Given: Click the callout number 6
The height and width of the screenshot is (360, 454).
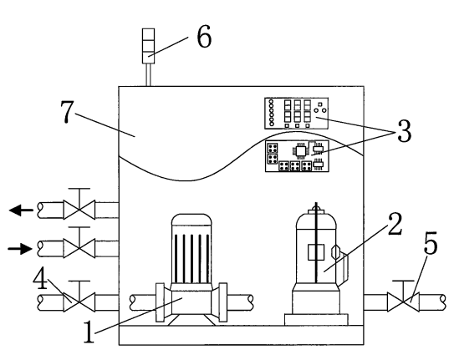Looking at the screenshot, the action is tap(204, 37).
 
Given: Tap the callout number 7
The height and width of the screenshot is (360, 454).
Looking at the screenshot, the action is tap(67, 112).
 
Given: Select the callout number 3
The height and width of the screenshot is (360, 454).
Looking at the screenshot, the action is tap(404, 130).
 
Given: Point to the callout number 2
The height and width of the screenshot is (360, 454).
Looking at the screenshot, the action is tap(395, 224).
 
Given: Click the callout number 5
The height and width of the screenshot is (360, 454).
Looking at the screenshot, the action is tap(431, 243).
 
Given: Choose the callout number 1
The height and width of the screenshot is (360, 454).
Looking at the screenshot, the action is tap(89, 332).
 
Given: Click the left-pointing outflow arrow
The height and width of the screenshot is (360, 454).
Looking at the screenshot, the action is tap(21, 210).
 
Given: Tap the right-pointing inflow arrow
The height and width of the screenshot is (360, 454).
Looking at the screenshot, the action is tap(20, 249).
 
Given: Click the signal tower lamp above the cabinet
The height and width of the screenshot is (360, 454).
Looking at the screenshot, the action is tap(148, 46).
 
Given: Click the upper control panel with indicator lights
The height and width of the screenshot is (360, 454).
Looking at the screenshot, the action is tap(297, 113).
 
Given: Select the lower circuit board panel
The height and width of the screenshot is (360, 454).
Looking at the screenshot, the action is tap(297, 156).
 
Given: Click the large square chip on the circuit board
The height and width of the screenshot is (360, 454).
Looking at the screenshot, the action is tap(300, 150).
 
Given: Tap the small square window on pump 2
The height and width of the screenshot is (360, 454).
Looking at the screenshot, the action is tap(316, 252).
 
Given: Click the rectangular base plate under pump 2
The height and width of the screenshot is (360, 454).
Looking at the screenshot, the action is tap(317, 320).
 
